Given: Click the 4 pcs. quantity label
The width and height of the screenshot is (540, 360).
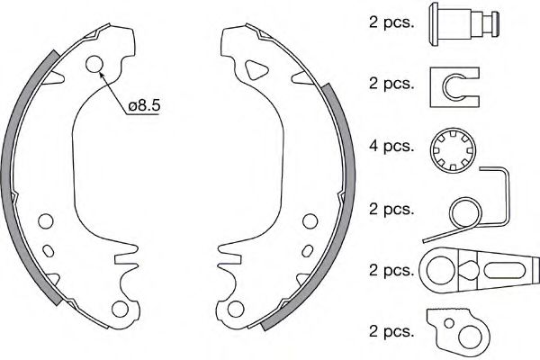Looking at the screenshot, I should coord(391,145).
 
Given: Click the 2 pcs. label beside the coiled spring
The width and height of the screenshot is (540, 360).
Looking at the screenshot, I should coord(391,209).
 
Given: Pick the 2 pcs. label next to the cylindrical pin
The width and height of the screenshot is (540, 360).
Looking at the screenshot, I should coord(391,22).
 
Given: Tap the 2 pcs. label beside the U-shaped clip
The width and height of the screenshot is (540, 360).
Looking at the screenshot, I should coord(391,84).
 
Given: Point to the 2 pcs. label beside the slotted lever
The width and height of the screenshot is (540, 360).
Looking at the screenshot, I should coord(391,268).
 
